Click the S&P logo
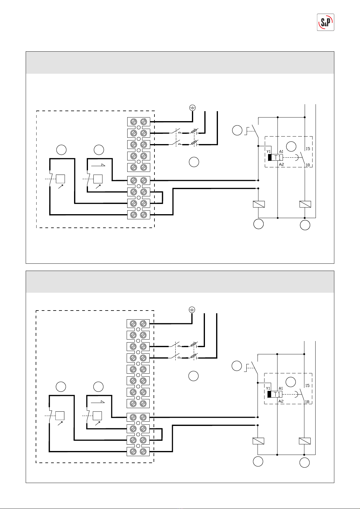326,22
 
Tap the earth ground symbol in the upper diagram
193,108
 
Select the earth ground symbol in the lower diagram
192,310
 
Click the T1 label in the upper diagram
277,157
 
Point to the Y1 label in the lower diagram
268,388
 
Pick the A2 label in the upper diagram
281,165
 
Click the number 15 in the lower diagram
307,385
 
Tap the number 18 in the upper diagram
308,165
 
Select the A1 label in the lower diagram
281,388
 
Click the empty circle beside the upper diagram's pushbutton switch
237,130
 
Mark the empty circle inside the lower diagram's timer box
290,382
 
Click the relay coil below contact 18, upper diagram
305,204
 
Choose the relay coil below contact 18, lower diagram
305,441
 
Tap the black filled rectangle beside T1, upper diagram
270,157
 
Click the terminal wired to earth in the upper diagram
139,122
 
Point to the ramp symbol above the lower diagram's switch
98,401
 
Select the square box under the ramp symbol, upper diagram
98,179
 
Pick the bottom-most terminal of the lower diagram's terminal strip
138,452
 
